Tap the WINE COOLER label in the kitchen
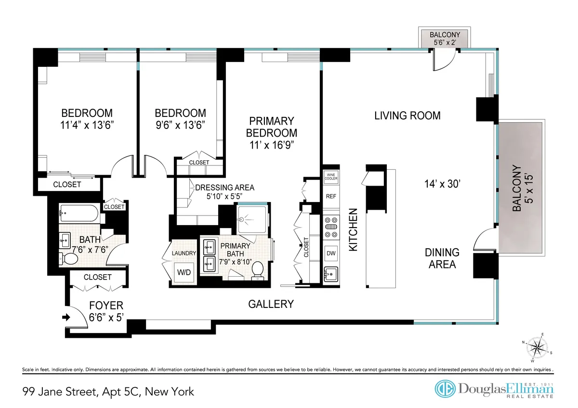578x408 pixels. [331, 177]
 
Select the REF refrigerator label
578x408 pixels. [331, 196]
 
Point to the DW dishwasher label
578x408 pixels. [331, 253]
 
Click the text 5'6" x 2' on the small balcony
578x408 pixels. [445, 42]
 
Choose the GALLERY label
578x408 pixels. [271, 304]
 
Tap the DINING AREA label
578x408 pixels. [442, 258]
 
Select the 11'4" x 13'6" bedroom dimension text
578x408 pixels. [87, 124]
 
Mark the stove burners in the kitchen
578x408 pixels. [331, 230]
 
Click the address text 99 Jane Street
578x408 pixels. [108, 392]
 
